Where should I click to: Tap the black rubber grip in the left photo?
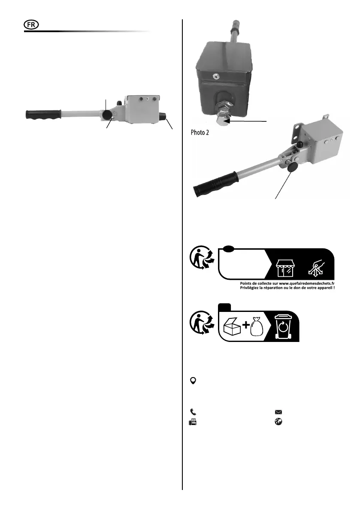click(43, 115)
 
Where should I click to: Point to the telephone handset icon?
click(193, 411)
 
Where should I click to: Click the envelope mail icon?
click(278, 411)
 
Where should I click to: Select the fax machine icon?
click(193, 422)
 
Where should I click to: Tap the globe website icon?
click(278, 422)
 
